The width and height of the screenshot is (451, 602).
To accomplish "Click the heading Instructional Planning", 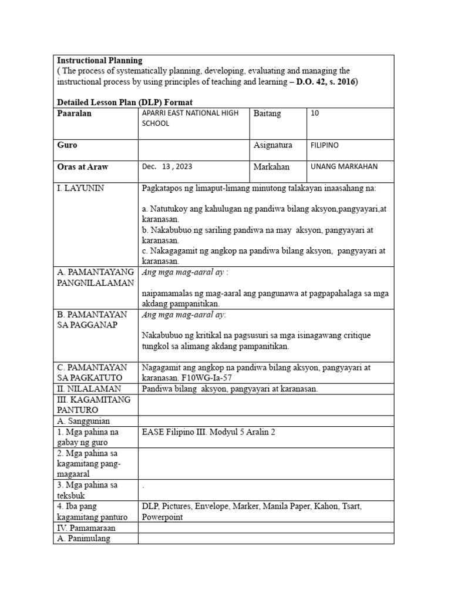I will click(99, 61).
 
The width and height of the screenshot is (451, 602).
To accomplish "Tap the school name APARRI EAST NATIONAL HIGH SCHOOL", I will click(190, 118).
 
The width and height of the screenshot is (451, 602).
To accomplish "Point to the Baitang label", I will click(267, 113).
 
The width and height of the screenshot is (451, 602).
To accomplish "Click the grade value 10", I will click(315, 113).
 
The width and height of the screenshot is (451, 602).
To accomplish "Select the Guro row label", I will click(67, 145).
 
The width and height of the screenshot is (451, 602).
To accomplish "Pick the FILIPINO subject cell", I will click(324, 145).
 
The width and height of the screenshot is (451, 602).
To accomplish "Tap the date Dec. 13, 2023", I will click(167, 166).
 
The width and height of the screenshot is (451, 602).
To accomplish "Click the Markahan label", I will click(271, 167).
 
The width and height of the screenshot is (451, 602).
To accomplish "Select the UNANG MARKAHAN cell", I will click(344, 166).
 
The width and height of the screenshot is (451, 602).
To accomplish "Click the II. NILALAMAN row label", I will click(89, 389).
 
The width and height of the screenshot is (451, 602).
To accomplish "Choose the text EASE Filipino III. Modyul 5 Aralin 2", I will click(208, 432).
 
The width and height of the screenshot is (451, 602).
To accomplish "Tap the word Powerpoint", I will click(162, 517).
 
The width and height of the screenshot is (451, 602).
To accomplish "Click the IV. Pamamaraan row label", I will click(86, 528).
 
